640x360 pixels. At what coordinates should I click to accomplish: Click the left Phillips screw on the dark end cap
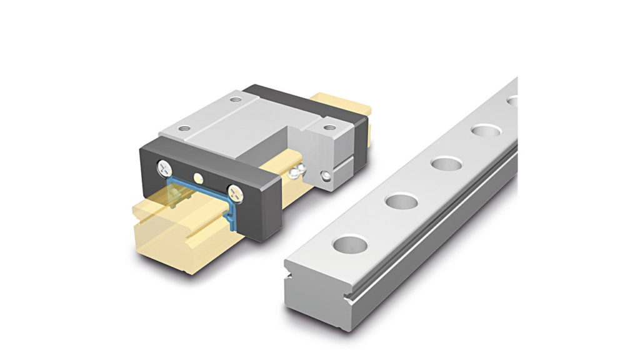tap(165, 167)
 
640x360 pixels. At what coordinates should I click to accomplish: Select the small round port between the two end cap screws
tap(199, 177)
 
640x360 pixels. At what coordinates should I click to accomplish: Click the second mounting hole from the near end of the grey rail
tap(400, 202)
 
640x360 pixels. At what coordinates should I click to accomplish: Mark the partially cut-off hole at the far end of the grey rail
tap(512, 100)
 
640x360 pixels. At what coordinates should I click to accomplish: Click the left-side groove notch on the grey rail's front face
tap(289, 275)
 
